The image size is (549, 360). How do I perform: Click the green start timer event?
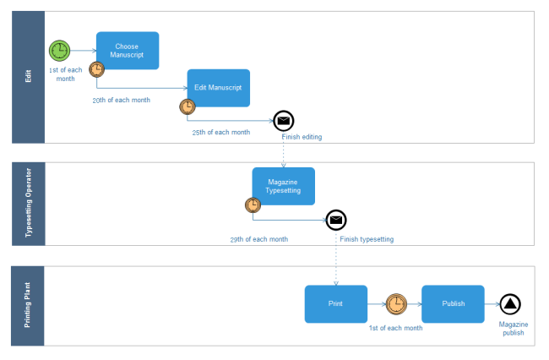pos(60,51)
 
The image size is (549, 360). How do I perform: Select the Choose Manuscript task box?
pos(128,51)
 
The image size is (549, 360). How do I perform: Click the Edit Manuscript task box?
pos(218,88)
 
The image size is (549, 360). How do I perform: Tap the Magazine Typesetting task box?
pos(283,186)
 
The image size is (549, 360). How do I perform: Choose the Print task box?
pos(335,304)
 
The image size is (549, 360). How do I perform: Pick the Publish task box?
pos(453,304)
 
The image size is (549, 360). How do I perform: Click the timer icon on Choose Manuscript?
pos(97,69)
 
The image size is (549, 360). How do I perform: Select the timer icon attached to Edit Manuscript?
pos(188,106)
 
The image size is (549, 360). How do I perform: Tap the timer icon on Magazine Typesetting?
pos(253,205)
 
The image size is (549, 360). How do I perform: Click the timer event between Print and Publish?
pos(395,304)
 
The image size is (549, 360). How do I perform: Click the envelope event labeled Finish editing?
pos(284,120)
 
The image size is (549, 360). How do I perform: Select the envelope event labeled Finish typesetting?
pos(336,220)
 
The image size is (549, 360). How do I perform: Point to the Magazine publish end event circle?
pos(509,304)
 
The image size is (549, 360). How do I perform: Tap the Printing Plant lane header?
pos(27,305)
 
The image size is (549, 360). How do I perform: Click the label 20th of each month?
pos(121,100)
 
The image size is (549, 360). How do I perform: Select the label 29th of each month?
pos(259,239)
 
